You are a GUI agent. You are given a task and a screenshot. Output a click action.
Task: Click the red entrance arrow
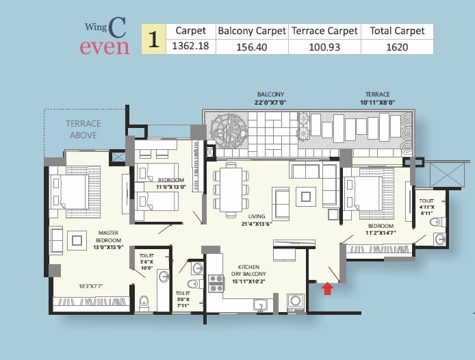click(x=327, y=288)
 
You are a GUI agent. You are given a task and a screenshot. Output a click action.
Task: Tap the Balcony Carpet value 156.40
click(x=251, y=47)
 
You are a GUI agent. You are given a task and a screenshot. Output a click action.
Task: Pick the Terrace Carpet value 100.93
click(x=324, y=47)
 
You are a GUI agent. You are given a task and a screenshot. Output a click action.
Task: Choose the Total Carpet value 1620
click(x=397, y=47)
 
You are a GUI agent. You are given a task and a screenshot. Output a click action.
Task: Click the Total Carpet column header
click(x=397, y=31)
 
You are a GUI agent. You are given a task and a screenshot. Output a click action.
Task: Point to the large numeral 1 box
click(x=154, y=39)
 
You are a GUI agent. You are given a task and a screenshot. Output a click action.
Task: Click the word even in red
click(x=105, y=47)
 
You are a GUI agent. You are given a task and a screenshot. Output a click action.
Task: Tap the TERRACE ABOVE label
click(x=83, y=129)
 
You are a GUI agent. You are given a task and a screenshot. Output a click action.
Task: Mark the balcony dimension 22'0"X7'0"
click(x=270, y=102)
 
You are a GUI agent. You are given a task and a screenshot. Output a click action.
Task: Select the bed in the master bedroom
click(x=68, y=195)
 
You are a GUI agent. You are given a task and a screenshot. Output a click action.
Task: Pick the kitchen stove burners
click(x=216, y=283)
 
